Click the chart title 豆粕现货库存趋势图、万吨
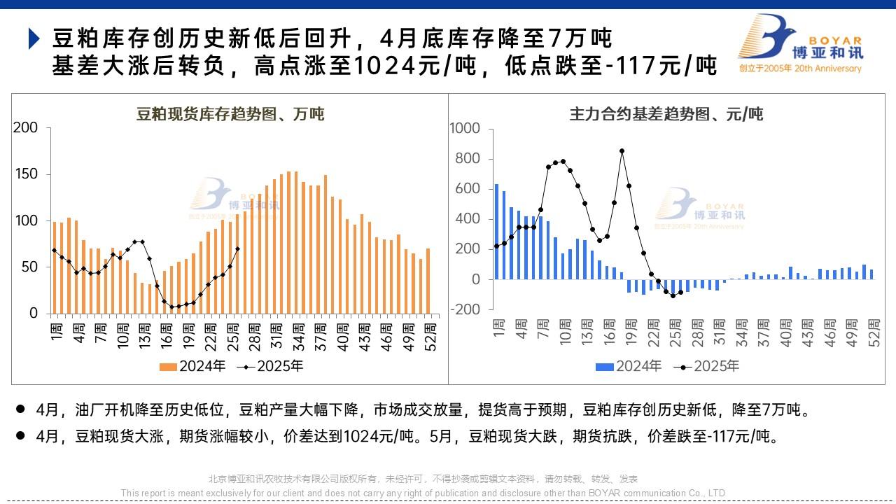[x=230, y=113]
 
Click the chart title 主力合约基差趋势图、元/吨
[x=666, y=113]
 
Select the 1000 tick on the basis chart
[x=465, y=129]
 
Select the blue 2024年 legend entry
[x=629, y=366]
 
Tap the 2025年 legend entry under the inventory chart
[x=271, y=366]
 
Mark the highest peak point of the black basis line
[x=622, y=150]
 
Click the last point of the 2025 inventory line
[x=238, y=248]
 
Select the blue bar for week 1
[x=496, y=231]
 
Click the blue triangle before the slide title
[x=34, y=38]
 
